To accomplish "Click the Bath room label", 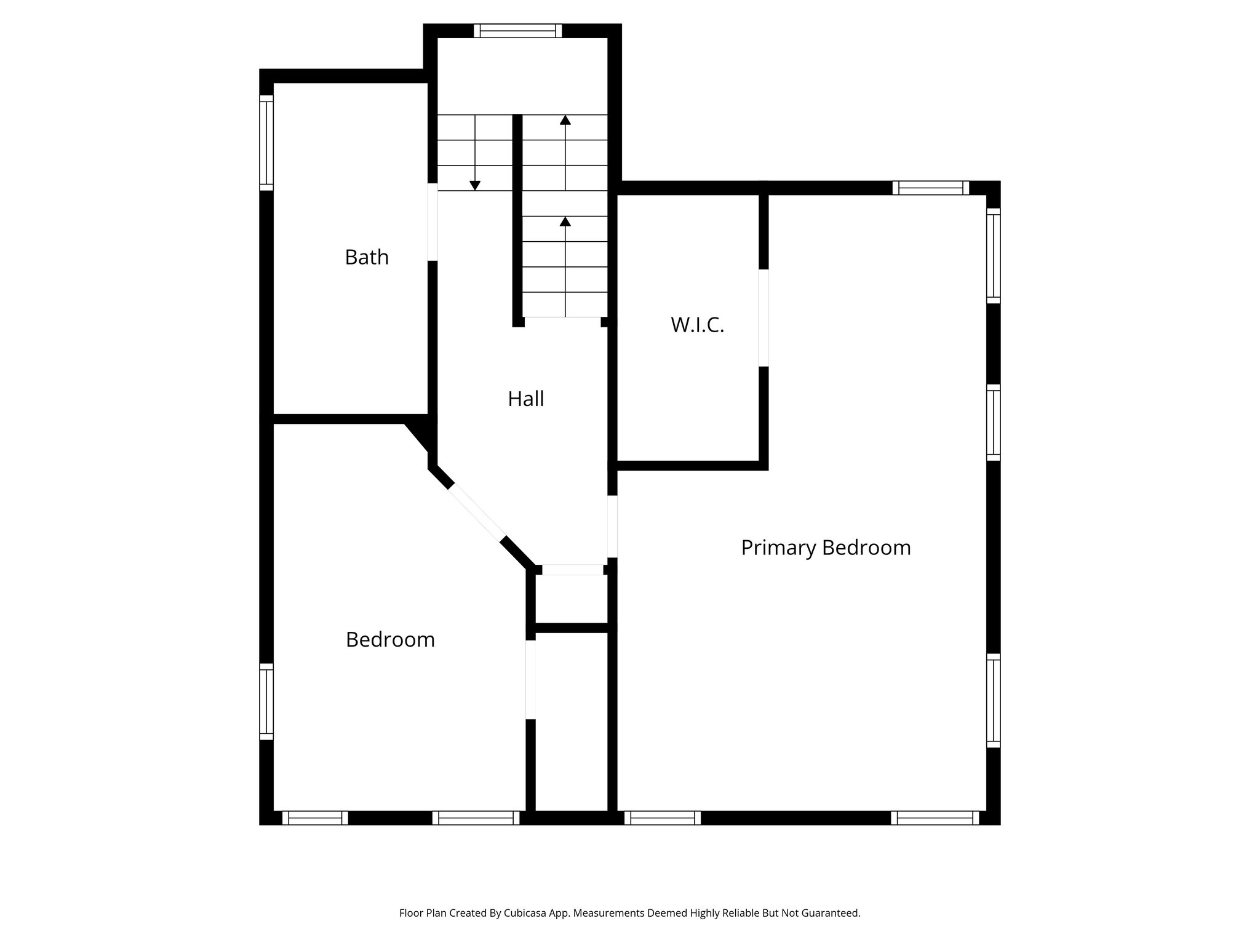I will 367,257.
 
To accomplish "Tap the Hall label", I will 526,399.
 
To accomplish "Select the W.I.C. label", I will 697,325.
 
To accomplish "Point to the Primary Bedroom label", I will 826,548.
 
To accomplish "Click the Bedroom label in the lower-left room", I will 390,640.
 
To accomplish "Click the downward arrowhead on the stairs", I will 475,185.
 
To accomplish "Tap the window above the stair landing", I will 518,31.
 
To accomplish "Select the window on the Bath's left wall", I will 266,143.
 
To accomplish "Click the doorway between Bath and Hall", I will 433,222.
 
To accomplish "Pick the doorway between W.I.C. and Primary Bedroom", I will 764,318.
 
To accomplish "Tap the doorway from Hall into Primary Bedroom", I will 612,527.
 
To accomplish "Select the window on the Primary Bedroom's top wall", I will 931,188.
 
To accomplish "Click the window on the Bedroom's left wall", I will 266,701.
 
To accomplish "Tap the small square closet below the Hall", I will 572,599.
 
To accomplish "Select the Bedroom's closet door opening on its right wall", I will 530,679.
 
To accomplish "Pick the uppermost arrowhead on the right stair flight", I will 565,120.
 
